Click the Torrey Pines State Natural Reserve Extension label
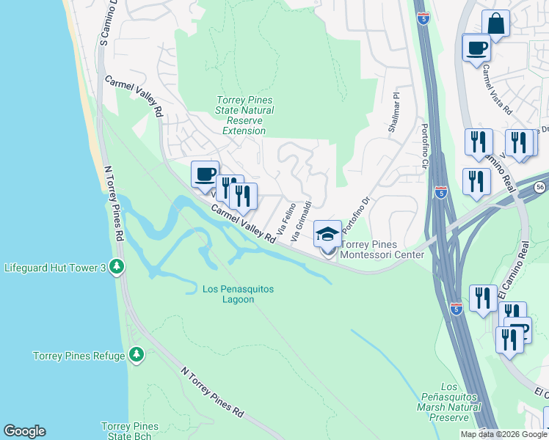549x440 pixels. click(245, 115)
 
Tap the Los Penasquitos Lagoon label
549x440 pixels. click(238, 294)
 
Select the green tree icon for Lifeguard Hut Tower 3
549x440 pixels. click(116, 267)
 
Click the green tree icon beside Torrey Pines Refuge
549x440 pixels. click(136, 356)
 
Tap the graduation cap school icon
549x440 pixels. click(327, 234)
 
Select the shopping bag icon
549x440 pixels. click(495, 23)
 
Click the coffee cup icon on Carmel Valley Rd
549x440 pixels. click(205, 175)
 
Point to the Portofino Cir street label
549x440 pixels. click(424, 147)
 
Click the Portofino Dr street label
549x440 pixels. click(354, 210)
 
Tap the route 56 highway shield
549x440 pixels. click(539, 187)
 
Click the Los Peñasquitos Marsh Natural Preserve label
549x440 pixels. click(448, 402)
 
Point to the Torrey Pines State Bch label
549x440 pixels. click(129, 431)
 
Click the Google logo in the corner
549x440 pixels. click(24, 431)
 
